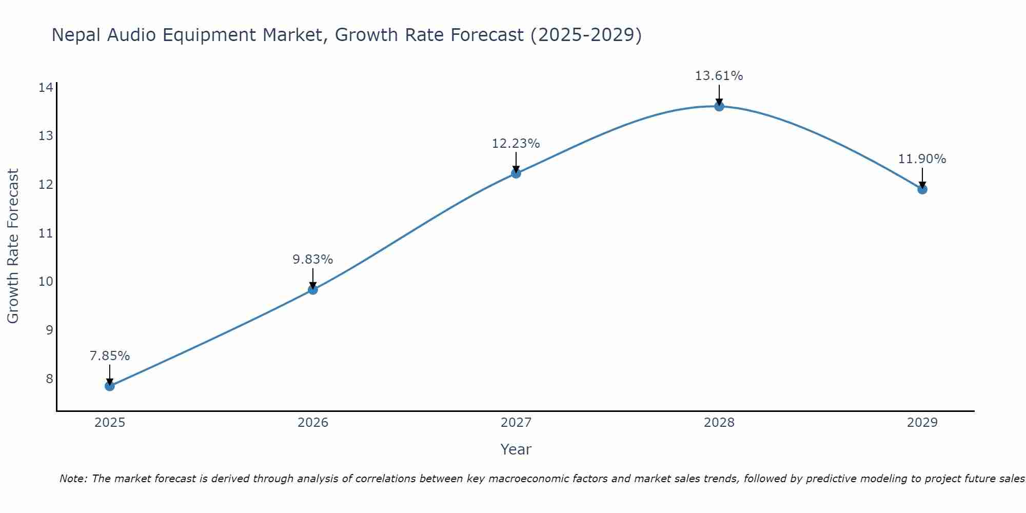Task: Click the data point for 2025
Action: coord(109,386)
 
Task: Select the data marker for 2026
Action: coord(312,289)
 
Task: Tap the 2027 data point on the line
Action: coord(516,173)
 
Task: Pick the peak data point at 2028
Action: coord(719,106)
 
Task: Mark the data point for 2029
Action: coord(922,189)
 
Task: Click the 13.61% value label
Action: coord(719,76)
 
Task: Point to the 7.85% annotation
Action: coord(109,356)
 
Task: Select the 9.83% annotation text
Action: coord(312,260)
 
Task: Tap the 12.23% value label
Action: coord(516,144)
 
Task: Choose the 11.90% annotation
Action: coord(922,159)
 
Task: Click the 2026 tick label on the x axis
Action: coord(312,423)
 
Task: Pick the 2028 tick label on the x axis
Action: coord(719,423)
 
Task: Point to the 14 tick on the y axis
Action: coord(46,88)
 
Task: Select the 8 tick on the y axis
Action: coord(49,379)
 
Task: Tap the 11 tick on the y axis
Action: coord(46,233)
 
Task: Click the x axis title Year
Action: coord(516,449)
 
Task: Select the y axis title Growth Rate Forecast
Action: coord(13,246)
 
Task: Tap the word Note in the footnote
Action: coord(72,479)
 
